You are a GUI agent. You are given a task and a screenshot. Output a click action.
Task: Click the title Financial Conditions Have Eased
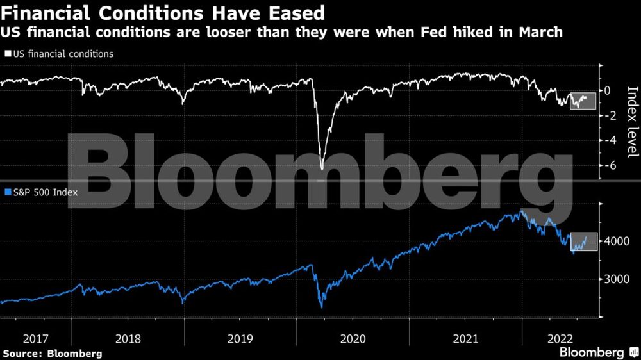point(163,12)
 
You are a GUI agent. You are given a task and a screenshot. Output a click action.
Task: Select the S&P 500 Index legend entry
point(42,192)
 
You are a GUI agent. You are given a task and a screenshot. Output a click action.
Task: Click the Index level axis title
point(632,122)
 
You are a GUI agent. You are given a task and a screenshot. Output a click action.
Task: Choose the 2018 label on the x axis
point(128,338)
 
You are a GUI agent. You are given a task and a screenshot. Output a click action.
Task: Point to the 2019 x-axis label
point(240,338)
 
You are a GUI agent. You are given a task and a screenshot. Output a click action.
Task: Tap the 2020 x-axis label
point(353,338)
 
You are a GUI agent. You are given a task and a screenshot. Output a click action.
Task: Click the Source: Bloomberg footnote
point(53,353)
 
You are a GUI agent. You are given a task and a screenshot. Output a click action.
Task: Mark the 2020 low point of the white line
point(322,168)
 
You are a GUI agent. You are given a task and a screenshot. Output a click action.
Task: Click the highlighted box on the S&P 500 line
point(583,241)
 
